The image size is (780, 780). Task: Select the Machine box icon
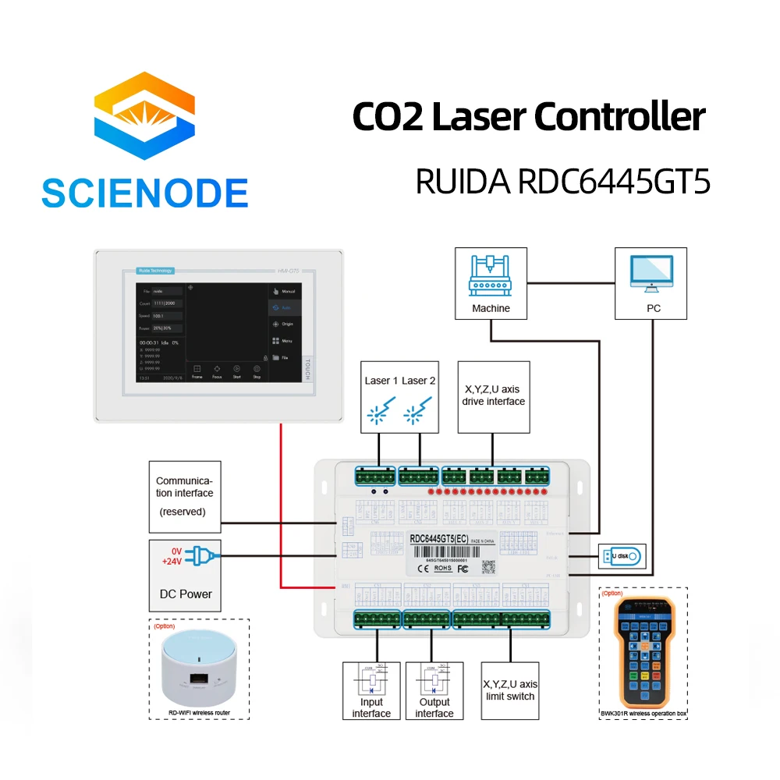click(x=491, y=276)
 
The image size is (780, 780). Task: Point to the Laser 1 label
click(x=381, y=381)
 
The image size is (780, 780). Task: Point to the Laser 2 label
click(x=419, y=381)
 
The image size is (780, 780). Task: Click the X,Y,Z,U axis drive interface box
click(x=494, y=396)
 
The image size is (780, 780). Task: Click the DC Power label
click(x=186, y=594)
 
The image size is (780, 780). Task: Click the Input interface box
click(x=371, y=690)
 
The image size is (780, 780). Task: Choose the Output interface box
click(x=434, y=690)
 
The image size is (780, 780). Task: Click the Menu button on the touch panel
click(x=282, y=341)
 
